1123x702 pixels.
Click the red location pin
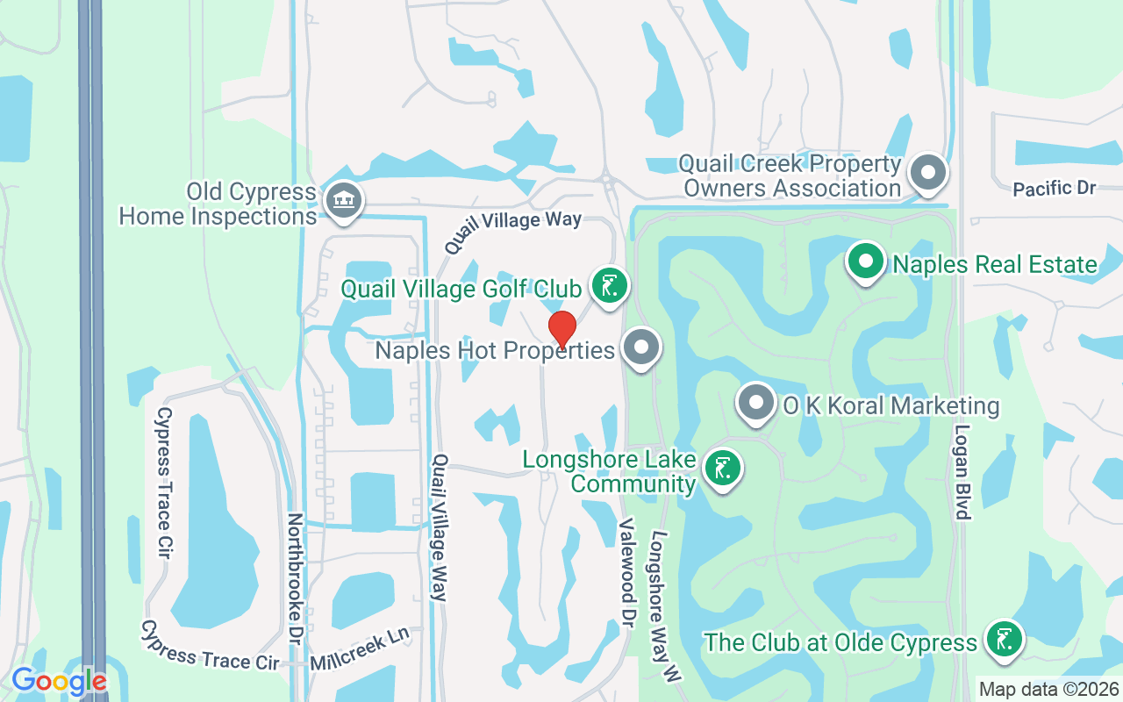562,330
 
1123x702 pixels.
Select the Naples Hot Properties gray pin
641,348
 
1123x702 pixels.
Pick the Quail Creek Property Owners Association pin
927,173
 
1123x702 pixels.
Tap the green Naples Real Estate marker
866,262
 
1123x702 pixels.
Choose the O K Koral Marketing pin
756,405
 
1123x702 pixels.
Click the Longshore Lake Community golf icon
722,469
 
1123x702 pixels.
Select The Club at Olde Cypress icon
1003,640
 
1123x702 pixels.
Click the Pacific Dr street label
1055,188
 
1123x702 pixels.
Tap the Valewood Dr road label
626,566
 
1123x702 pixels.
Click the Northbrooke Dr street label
295,579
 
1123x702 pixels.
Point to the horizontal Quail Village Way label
512,226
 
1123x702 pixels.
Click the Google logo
59,681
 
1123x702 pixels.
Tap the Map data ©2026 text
1049,689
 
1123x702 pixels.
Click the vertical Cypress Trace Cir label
163,483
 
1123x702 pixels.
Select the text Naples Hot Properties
495,351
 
